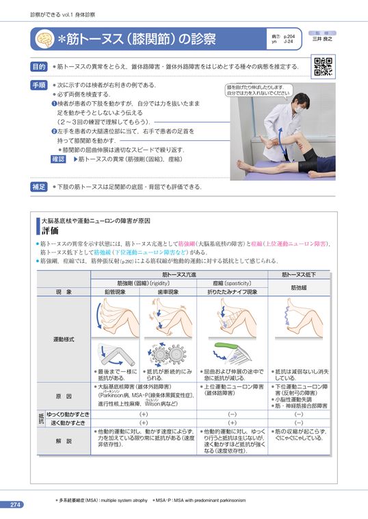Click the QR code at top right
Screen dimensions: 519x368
[322, 67]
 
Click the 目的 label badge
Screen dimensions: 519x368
[39, 67]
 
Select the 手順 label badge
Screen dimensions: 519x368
[39, 85]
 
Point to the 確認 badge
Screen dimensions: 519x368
[60, 159]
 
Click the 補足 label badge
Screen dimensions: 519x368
[39, 187]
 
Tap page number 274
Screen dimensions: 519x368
[16, 505]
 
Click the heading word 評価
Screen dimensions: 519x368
[51, 231]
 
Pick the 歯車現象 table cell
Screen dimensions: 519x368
[168, 291]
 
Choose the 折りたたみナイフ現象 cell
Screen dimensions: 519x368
[233, 291]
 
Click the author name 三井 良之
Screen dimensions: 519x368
[322, 39]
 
